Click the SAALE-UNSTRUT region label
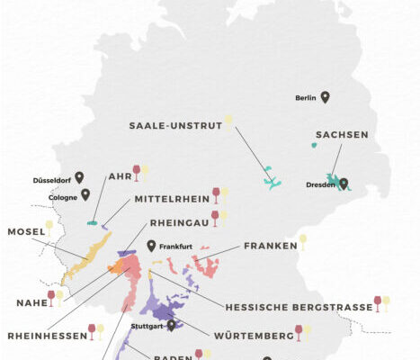pos(174,126)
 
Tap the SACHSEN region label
pos(342,134)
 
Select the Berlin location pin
pos(325,97)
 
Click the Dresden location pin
pos(344,184)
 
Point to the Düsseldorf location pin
pos(79,177)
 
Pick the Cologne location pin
pos(85,193)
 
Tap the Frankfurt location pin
pos(151,245)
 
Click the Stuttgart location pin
pos(171,325)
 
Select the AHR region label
pos(119,176)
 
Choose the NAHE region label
pos(31,303)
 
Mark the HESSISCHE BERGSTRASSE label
pos(299,307)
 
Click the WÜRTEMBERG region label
pos(247,336)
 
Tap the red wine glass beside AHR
pos(137,170)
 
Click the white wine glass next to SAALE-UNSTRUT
pos(228,120)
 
